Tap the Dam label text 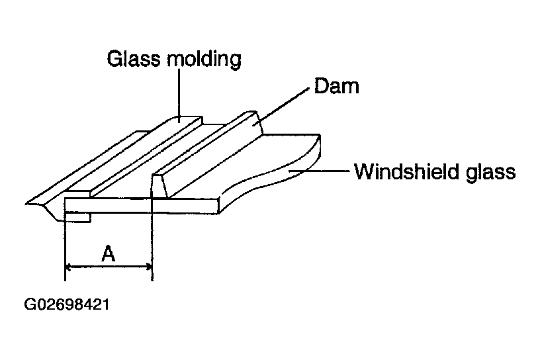[337, 86]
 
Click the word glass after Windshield [487, 173]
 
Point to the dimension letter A [109, 253]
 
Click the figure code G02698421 [67, 306]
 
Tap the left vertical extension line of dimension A [65, 245]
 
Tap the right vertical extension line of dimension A [152, 245]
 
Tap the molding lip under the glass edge [78, 217]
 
